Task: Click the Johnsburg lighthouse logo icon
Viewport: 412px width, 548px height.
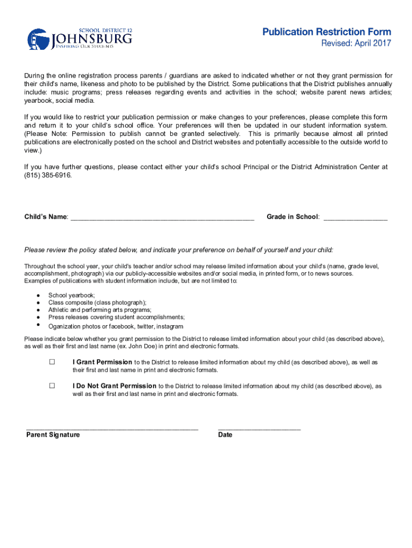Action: [x=39, y=39]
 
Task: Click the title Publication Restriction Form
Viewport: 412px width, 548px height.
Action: [x=326, y=32]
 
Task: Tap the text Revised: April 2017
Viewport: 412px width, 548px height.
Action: [x=356, y=43]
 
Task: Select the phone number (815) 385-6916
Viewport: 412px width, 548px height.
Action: [x=47, y=175]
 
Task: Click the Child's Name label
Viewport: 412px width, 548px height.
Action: [x=46, y=217]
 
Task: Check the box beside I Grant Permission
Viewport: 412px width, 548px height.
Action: [x=52, y=362]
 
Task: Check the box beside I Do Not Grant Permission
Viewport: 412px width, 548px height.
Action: [x=52, y=385]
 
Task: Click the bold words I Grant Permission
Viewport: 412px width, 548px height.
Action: [x=102, y=362]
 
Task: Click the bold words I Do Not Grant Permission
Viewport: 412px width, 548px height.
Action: [x=115, y=386]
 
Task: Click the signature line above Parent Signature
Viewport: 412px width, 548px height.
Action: [x=112, y=428]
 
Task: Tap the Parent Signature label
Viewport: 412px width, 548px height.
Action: [x=53, y=435]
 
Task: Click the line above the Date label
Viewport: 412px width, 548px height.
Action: [x=260, y=428]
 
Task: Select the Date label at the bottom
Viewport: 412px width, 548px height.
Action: [x=225, y=435]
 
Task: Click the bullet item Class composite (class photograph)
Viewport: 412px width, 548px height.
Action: [x=97, y=302]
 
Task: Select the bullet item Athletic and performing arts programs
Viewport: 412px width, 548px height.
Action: [x=100, y=310]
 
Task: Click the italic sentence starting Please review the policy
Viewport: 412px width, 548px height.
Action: [x=179, y=250]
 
